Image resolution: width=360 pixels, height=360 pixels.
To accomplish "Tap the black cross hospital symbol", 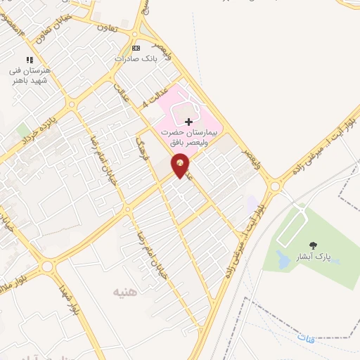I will [x=188, y=122].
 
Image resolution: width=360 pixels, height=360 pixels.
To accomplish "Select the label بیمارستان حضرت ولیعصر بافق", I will [x=188, y=136].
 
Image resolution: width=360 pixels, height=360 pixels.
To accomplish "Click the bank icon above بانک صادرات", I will [x=136, y=48].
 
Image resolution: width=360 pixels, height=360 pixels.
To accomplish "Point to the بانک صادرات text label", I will [x=134, y=58].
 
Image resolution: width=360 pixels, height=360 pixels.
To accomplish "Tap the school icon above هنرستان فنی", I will [x=30, y=60].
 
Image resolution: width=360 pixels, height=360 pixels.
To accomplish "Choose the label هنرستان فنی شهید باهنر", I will [x=30, y=76].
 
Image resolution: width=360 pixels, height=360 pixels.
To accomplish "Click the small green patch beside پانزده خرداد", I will [x=24, y=131].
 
